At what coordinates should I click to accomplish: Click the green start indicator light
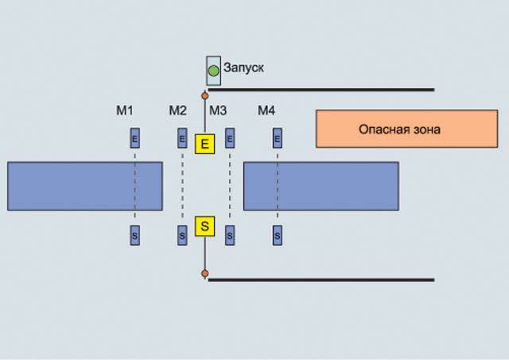pos(213,72)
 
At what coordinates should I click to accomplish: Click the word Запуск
pos(243,68)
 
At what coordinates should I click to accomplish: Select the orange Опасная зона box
pos(406,129)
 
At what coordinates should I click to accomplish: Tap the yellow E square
pos(205,143)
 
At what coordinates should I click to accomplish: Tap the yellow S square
pos(205,226)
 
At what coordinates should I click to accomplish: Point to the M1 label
pos(125,110)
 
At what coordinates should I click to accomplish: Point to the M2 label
pos(177,110)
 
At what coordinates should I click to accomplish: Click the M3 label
pos(218,110)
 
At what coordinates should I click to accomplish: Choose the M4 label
pos(266,110)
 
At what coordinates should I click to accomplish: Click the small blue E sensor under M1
pos(134,139)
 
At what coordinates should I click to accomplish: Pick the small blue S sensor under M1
pos(134,235)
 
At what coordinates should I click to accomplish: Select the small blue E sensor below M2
pos(182,139)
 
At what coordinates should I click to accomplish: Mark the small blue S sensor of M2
pos(182,235)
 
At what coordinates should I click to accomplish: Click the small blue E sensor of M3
pos(230,139)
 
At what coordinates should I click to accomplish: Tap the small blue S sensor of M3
pos(230,235)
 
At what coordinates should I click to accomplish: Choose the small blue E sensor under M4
pos(278,139)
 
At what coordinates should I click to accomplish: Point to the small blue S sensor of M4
pos(278,235)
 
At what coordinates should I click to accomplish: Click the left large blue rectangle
pos(85,186)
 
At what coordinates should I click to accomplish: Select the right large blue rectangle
pos(321,186)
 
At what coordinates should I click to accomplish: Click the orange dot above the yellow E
pos(205,95)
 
